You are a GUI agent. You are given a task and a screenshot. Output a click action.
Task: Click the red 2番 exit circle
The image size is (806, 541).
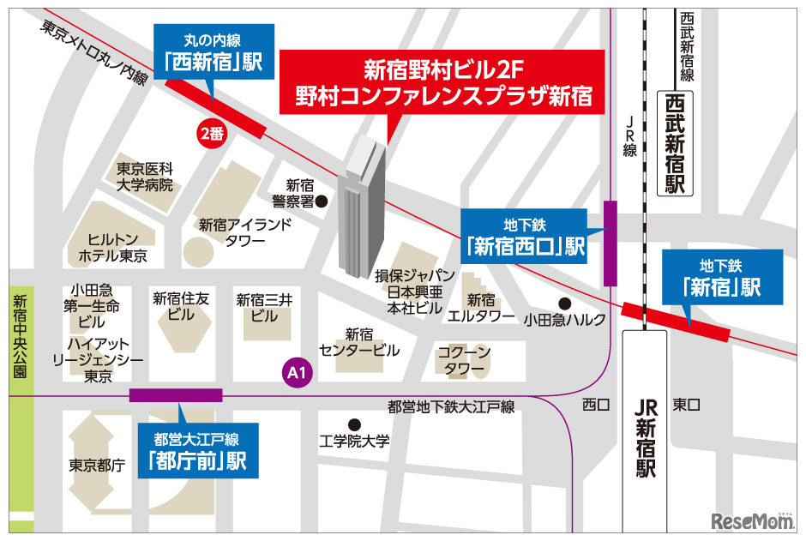[211, 133]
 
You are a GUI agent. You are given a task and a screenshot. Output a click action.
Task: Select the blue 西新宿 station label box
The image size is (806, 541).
[214, 51]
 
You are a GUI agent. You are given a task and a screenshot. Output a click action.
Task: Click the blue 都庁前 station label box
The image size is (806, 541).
[197, 451]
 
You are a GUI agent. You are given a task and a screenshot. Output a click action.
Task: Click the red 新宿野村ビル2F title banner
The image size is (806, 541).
[443, 82]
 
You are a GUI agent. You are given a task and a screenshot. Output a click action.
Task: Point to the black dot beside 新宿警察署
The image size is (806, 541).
[322, 201]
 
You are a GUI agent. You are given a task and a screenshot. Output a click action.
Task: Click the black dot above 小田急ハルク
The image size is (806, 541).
[564, 303]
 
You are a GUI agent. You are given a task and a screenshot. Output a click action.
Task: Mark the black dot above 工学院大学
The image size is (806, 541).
[353, 424]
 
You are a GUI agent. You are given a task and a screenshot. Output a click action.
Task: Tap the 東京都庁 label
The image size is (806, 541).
[97, 466]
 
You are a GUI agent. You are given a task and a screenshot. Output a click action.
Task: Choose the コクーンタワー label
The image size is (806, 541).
[464, 360]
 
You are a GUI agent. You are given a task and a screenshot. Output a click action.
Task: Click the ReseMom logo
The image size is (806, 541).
[742, 519]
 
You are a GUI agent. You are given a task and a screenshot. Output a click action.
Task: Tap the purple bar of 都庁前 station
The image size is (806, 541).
[176, 395]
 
